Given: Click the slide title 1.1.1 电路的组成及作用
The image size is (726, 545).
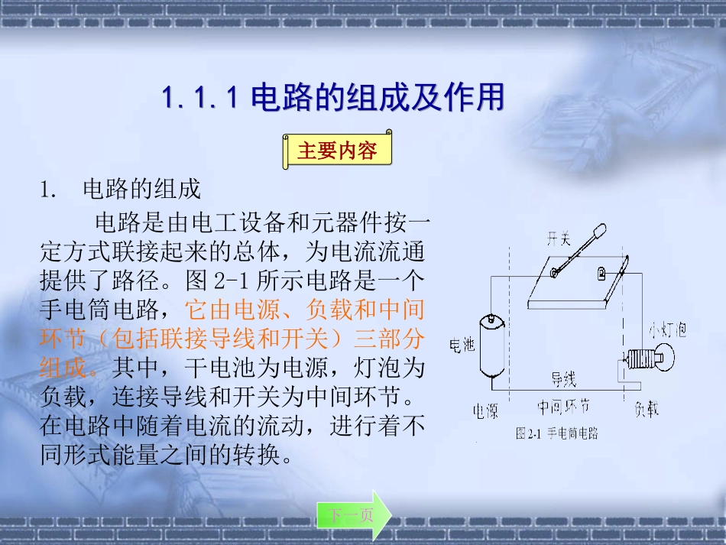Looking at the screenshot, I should tap(333, 99).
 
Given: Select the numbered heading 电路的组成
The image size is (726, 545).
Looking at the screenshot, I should tap(141, 189).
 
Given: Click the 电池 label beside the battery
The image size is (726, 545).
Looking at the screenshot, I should tap(462, 345).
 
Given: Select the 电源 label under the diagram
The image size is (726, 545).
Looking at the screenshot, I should tap(485, 411).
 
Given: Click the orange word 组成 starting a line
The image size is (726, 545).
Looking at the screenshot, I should tap(62, 368).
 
